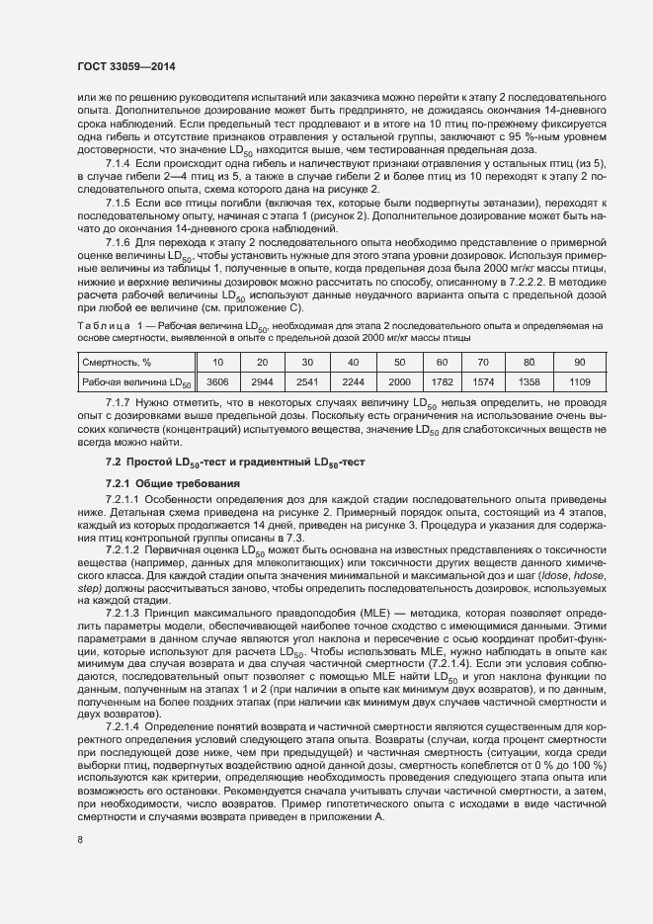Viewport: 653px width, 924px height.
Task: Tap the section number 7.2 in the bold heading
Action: pyautogui.click(x=114, y=462)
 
